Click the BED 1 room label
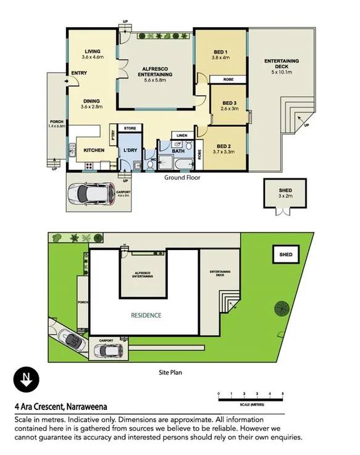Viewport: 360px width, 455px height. [x=220, y=51]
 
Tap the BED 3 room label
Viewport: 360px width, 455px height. [x=229, y=103]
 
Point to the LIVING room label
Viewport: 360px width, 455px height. [x=92, y=51]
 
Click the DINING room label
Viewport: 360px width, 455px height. [x=92, y=101]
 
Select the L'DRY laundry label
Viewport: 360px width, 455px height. [x=130, y=150]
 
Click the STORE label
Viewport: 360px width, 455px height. [x=130, y=128]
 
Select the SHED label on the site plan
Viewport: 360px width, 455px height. [x=286, y=254]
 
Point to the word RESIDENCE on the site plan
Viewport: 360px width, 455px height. [x=146, y=315]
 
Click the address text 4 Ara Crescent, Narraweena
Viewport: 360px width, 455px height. [x=61, y=407]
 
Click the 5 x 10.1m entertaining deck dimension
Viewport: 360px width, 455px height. [x=282, y=72]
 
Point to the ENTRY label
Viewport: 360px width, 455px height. [x=78, y=74]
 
